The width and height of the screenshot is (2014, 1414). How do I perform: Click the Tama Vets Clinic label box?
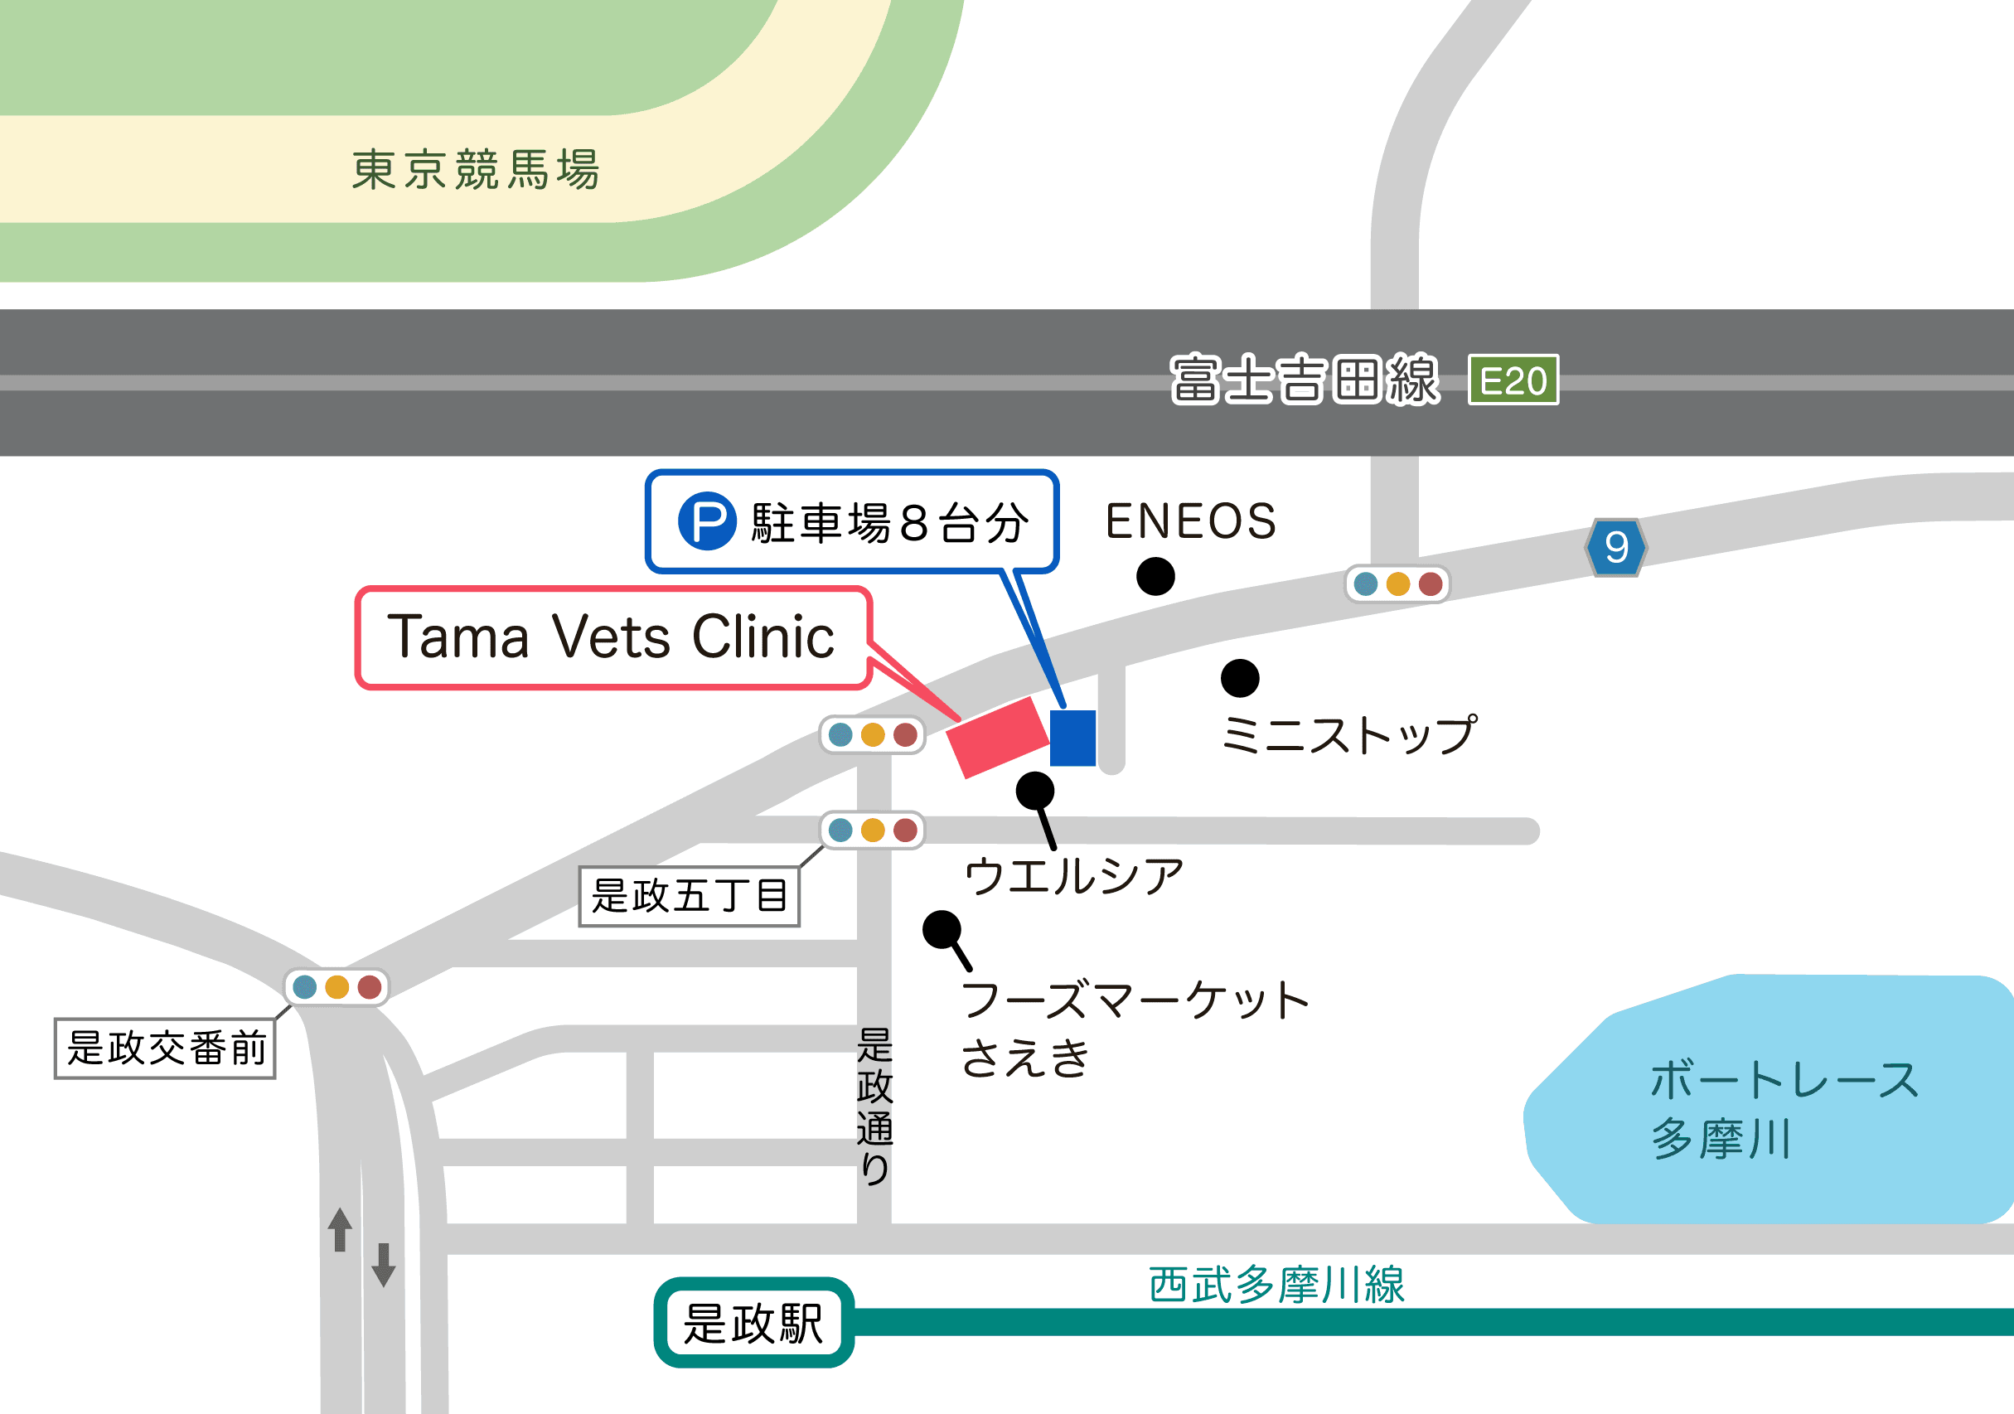pos(612,637)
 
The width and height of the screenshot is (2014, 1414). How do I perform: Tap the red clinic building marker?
pos(998,738)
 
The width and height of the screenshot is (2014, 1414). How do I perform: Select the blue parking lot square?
pos(1072,738)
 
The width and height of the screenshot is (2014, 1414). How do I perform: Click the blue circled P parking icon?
pos(707,522)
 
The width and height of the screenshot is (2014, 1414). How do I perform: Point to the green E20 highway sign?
pos(1513,380)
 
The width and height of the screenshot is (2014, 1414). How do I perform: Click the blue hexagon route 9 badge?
pos(1616,547)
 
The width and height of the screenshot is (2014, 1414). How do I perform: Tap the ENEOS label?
pos(1190,521)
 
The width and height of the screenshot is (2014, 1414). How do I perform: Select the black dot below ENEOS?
pos(1155,576)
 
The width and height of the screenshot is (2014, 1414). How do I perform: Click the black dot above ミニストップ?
pos(1239,678)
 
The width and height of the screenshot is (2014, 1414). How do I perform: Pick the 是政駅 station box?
pos(753,1323)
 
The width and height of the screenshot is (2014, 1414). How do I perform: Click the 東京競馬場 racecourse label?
pos(477,169)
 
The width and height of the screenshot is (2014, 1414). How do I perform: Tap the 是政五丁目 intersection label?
pos(690,896)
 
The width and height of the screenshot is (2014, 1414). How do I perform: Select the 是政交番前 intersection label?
pos(166,1048)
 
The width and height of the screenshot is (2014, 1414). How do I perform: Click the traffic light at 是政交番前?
pos(336,987)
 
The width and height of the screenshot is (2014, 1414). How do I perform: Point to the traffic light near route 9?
pos(1397,584)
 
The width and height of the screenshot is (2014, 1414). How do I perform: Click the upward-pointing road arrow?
pos(341,1229)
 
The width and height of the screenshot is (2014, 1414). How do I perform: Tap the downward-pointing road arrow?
pos(384,1264)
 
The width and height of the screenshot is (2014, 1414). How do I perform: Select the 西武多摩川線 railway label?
pos(1276,1285)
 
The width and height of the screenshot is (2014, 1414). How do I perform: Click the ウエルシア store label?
pos(1073,876)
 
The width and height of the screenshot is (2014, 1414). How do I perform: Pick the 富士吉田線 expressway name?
pos(1305,380)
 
